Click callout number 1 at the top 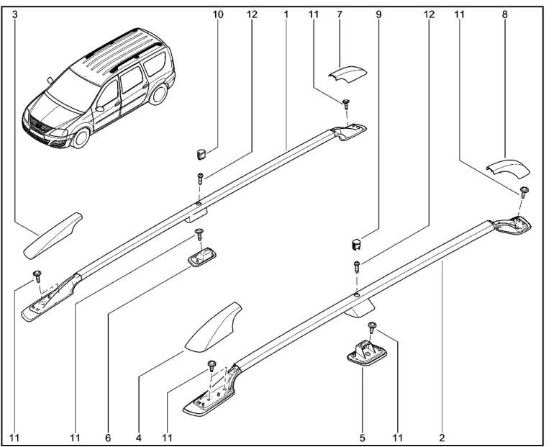286,14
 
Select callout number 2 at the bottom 441,436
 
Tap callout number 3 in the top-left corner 14,14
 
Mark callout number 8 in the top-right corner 504,14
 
